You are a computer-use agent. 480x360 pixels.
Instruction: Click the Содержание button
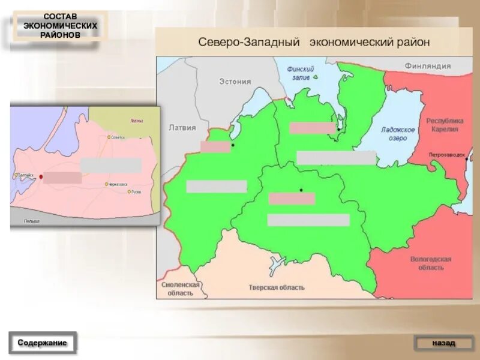(x=42, y=343)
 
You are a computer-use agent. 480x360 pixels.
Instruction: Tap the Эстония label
(x=235, y=81)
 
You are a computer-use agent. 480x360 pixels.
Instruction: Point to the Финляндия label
(x=427, y=65)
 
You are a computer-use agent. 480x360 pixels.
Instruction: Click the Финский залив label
(x=298, y=73)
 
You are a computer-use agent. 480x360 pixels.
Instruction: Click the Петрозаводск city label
(x=447, y=155)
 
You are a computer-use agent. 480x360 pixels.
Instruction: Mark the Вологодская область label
(x=431, y=263)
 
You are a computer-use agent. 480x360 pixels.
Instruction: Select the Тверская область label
(x=277, y=287)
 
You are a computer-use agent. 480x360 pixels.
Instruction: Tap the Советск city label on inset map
(x=118, y=137)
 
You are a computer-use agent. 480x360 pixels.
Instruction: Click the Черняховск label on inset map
(x=116, y=184)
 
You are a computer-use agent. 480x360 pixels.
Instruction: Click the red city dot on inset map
(x=41, y=176)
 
